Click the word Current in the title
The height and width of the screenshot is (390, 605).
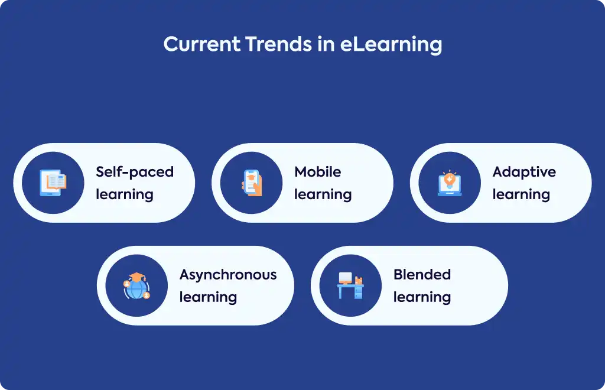click(x=202, y=44)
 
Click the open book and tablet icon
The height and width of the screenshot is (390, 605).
click(x=53, y=183)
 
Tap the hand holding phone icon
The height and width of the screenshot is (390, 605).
click(x=252, y=183)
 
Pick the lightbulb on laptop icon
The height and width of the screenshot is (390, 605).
click(x=450, y=183)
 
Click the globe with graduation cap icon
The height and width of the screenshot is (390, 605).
click(x=136, y=286)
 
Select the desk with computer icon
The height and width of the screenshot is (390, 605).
click(x=350, y=286)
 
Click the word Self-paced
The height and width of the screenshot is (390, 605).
click(x=135, y=172)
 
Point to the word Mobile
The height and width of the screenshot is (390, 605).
click(x=317, y=172)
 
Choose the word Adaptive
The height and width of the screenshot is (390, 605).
click(x=524, y=173)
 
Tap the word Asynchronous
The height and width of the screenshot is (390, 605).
click(x=228, y=275)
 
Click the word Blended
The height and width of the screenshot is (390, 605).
click(x=422, y=274)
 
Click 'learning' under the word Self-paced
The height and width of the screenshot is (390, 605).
click(x=125, y=195)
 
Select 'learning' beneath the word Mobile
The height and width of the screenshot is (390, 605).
click(x=323, y=195)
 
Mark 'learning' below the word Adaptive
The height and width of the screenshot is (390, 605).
click(x=521, y=195)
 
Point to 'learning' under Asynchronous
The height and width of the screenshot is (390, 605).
click(x=208, y=297)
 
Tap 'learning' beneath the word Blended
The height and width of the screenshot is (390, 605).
click(x=422, y=297)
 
